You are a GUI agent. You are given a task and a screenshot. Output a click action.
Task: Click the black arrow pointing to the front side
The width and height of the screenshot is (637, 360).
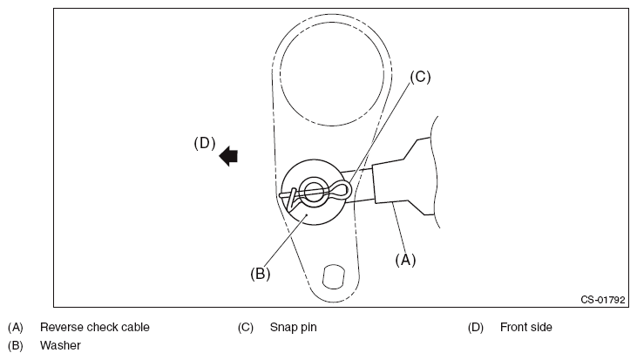[x=229, y=156]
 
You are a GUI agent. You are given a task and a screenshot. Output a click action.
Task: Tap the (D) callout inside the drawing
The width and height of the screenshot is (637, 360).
[x=204, y=144]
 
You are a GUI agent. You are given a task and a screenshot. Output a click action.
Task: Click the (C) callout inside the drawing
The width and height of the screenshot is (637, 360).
[x=420, y=77]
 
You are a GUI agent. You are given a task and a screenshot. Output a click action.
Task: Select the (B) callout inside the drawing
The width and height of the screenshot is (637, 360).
[x=261, y=273]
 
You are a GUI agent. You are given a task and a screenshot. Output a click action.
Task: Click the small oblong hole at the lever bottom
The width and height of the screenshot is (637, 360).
[x=331, y=276]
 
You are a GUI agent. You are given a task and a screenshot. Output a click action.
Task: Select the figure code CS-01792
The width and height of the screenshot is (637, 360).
[x=604, y=300]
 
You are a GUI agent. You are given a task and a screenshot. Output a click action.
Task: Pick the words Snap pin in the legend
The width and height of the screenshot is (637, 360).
[x=293, y=328]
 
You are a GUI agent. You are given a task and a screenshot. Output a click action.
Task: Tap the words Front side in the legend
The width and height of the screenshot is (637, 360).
[x=526, y=328]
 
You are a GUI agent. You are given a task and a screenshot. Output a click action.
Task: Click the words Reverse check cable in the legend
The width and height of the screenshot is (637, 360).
[x=95, y=328]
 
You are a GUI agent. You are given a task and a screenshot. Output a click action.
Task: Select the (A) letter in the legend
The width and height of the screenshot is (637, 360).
[x=15, y=328]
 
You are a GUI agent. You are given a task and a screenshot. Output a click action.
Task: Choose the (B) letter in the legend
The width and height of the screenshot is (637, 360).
[x=15, y=345]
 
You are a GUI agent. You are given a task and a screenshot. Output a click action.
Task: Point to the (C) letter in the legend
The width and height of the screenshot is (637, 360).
[x=245, y=328]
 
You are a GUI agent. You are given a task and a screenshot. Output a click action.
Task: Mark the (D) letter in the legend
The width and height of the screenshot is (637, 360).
[x=475, y=328]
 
